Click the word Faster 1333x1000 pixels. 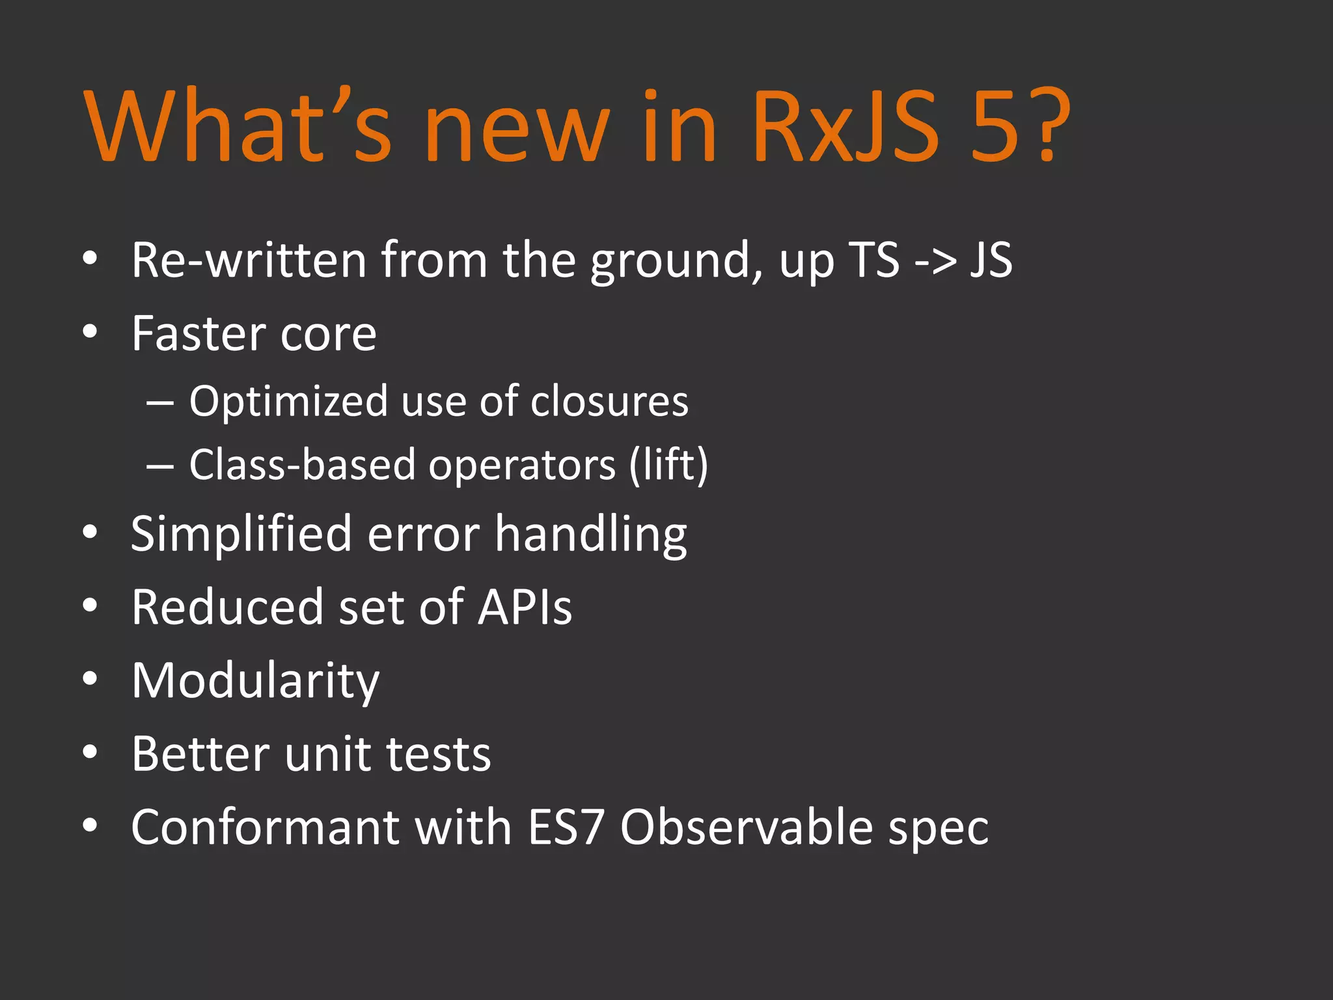pos(196,334)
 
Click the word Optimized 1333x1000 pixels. pos(287,402)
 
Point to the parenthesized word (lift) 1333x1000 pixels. pos(668,465)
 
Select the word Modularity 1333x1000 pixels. pos(255,681)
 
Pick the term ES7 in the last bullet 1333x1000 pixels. pos(566,827)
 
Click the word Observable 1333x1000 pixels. pos(746,827)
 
